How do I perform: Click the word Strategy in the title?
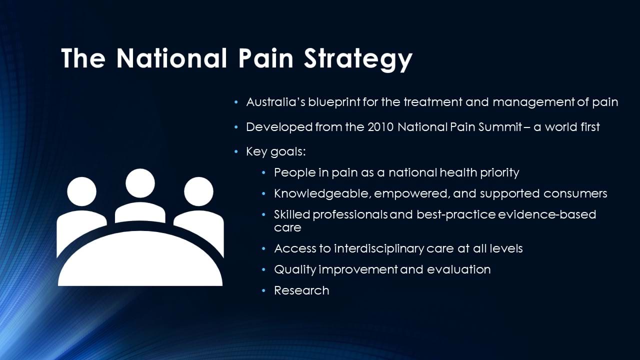[x=358, y=59]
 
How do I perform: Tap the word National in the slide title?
[x=171, y=58]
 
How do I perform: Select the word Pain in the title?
[x=266, y=58]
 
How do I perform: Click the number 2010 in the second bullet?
[x=381, y=127]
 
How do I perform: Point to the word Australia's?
[x=275, y=102]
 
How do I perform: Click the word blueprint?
[x=334, y=102]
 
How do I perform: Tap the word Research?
[x=301, y=290]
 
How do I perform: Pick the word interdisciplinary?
[x=379, y=249]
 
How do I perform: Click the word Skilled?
[x=292, y=214]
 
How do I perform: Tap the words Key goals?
[x=275, y=152]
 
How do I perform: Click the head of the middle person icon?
[x=140, y=183]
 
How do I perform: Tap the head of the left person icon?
[x=81, y=191]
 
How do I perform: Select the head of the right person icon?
[x=198, y=191]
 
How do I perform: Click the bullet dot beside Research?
[x=263, y=291]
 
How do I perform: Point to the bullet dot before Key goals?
[x=235, y=151]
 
